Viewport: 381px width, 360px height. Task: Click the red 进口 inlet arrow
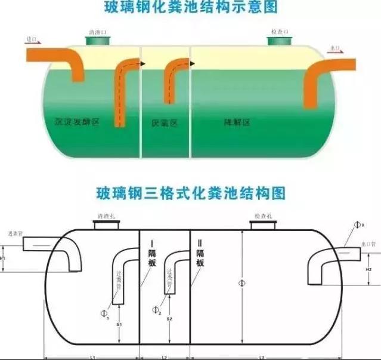tap(33, 41)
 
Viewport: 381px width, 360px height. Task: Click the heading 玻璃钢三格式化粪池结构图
tap(190, 193)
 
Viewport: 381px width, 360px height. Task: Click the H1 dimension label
tap(4, 258)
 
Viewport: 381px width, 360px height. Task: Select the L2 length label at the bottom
tap(164, 356)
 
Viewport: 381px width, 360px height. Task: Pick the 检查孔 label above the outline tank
tap(262, 216)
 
